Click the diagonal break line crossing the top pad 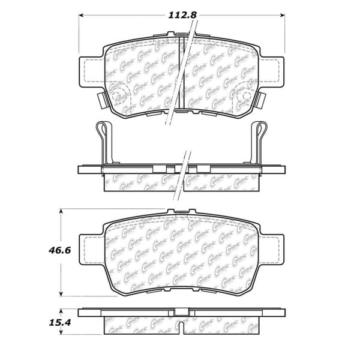(x=181, y=72)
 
